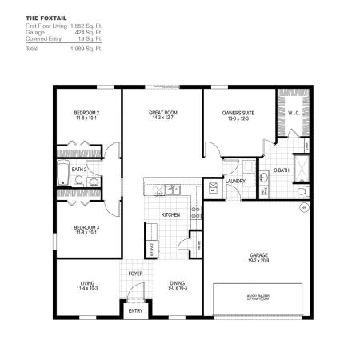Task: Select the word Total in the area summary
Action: point(33,49)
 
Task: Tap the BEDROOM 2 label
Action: point(86,112)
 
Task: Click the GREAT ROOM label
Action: point(162,113)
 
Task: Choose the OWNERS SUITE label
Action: point(238,113)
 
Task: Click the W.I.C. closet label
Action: point(292,113)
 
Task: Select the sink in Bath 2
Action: point(94,183)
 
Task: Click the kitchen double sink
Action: point(168,190)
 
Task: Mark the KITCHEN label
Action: point(170,214)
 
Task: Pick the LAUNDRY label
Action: point(235,182)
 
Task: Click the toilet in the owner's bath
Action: point(265,177)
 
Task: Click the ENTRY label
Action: point(135,311)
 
